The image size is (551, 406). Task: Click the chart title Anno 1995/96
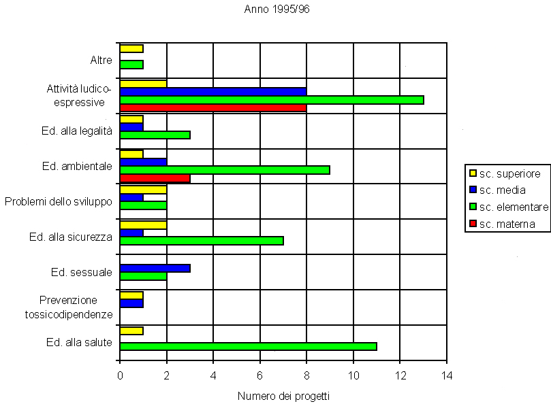pos(277,10)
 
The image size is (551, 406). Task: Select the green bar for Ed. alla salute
pos(248,346)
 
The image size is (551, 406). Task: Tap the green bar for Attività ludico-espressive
pos(272,100)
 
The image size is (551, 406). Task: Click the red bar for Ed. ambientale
pos(155,178)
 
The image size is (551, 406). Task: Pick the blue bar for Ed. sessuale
pos(155,268)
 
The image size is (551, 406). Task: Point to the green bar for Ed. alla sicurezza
pos(202,240)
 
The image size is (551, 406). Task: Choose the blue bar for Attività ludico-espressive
pos(213,91)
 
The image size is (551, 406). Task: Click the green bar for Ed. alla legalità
pos(155,135)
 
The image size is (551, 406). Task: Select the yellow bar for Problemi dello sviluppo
pos(143,189)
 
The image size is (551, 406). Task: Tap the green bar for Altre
pos(131,65)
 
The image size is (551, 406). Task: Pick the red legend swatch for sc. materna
pos(471,224)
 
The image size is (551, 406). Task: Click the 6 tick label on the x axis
pos(259,375)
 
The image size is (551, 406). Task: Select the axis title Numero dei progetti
pos(283,395)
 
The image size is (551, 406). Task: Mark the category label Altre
pos(101,61)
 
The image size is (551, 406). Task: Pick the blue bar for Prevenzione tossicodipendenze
pos(131,303)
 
